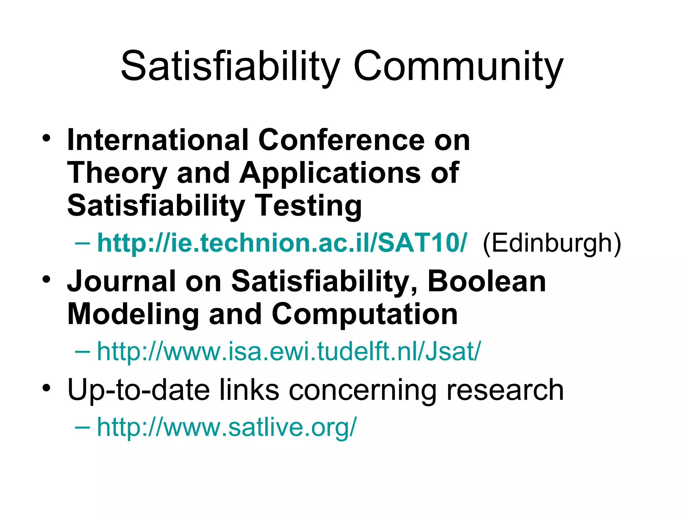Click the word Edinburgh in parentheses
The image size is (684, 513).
tap(552, 243)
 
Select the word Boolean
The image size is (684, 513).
tap(487, 281)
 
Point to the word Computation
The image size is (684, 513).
tap(365, 314)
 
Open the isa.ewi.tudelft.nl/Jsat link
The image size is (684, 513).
tap(289, 351)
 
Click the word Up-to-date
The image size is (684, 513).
tap(138, 390)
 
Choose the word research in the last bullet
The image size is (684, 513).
tap(505, 390)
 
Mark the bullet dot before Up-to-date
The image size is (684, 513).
tap(46, 388)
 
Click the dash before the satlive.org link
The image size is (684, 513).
tap(82, 427)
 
